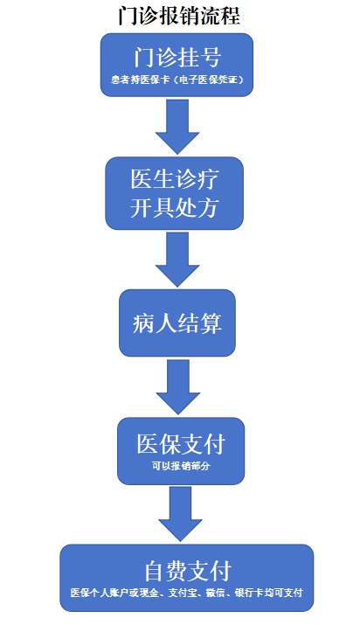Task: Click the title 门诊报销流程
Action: coord(179,16)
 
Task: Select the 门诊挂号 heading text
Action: coord(177,58)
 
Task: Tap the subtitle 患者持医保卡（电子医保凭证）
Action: coord(177,80)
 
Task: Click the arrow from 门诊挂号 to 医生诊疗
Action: coord(177,127)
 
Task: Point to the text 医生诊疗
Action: coord(175,179)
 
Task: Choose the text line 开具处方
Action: coord(175,208)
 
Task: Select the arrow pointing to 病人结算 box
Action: coord(177,259)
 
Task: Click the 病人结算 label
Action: coord(177,323)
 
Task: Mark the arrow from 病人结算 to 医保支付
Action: coord(177,386)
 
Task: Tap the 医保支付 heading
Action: coord(181,444)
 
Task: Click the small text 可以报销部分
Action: coord(181,466)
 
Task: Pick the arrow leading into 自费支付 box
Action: coord(180,514)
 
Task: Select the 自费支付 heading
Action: coord(188,571)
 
